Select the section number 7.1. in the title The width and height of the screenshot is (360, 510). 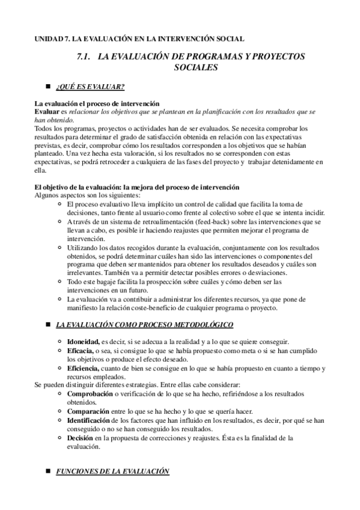click(84, 57)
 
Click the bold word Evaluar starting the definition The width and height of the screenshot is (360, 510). click(47, 112)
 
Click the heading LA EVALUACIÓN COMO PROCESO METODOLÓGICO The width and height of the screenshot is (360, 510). click(145, 325)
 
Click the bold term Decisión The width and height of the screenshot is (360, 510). click(83, 438)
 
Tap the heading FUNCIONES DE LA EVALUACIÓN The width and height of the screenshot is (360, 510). click(112, 472)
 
